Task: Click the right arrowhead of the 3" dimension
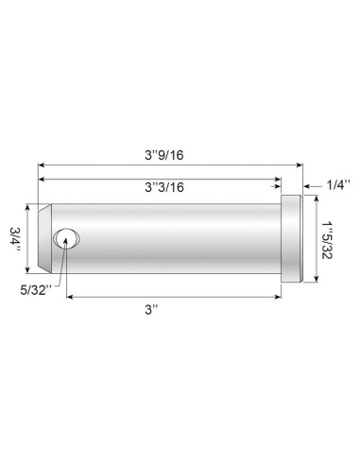pos(279,296)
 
